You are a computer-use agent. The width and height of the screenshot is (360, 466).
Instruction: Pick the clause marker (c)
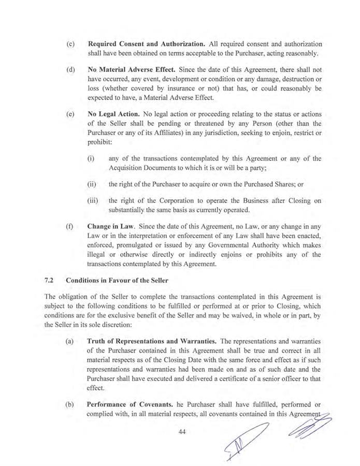pos(71,44)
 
